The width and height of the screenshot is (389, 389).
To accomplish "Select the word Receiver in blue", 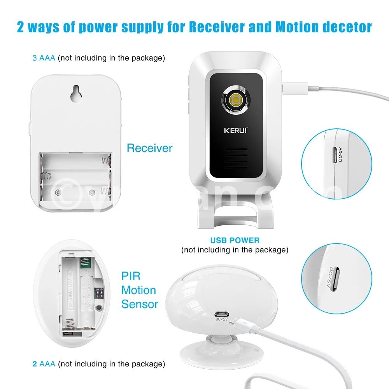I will tap(149, 148).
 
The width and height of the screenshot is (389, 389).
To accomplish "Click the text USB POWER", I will tap(235, 240).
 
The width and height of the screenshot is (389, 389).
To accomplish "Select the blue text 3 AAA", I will tap(44, 58).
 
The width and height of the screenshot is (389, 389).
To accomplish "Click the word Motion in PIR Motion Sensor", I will tap(138, 290).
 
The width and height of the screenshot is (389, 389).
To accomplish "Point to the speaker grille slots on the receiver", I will tap(235, 159).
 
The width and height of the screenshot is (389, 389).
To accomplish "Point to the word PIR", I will tap(131, 276).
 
